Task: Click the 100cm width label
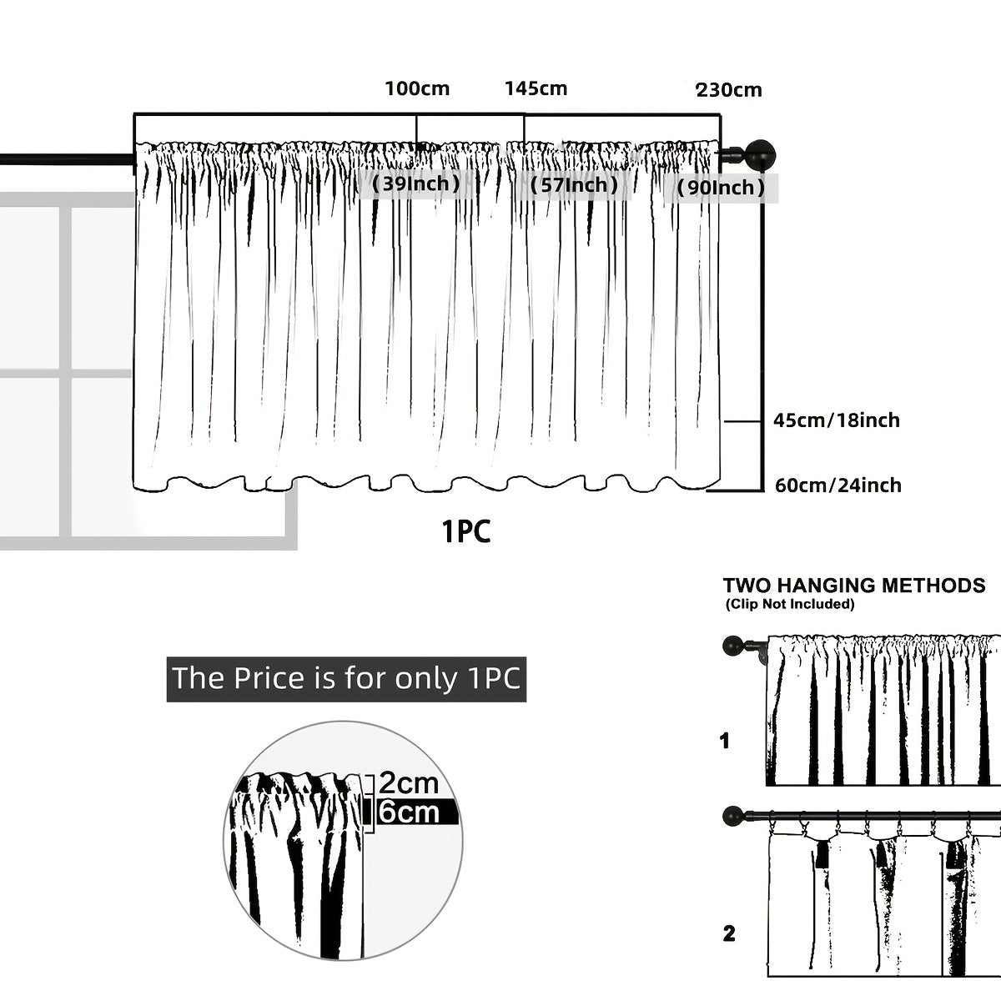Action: (417, 88)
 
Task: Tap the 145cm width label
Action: (536, 88)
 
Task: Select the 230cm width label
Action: (728, 90)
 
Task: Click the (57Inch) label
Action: (575, 184)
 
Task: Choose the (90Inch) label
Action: (721, 188)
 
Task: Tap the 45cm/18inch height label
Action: (837, 420)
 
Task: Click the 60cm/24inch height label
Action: (838, 485)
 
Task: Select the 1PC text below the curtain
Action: (465, 531)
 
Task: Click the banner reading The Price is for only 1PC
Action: (346, 677)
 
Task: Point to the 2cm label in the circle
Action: (408, 782)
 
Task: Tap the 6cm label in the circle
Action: (409, 812)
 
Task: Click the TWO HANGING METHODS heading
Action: (853, 585)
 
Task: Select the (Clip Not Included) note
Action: (789, 603)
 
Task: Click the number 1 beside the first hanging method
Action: (724, 741)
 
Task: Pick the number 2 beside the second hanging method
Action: (729, 933)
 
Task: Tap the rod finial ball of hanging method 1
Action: (732, 645)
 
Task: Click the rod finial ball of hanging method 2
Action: (732, 814)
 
